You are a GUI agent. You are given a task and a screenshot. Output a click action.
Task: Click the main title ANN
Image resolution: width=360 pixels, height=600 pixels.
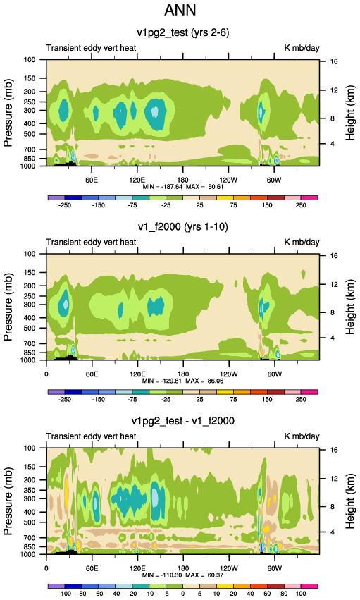click(180, 10)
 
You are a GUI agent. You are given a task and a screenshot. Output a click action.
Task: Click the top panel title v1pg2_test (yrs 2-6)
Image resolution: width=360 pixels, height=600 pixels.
click(183, 32)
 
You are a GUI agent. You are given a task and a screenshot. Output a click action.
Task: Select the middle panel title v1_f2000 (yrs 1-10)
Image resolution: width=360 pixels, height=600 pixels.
click(183, 227)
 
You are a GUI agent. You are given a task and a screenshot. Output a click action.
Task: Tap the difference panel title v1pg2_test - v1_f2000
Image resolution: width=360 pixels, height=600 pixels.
click(183, 421)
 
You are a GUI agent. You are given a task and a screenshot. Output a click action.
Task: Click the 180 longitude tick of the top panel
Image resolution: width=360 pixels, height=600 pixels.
click(182, 180)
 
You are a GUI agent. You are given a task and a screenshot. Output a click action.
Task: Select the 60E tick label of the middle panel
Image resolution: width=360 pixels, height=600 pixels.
click(92, 374)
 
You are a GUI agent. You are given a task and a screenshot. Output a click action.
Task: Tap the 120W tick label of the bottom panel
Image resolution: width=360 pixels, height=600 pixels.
click(228, 568)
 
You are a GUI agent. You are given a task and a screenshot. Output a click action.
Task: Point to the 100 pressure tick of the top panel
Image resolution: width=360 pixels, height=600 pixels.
click(30, 60)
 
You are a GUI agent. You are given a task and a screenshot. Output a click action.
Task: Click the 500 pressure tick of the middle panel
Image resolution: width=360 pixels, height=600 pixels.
click(30, 329)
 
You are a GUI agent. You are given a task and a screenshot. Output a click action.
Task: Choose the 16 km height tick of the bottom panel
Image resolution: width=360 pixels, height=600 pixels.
click(334, 450)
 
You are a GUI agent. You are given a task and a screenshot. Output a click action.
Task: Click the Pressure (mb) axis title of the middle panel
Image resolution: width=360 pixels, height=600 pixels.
click(8, 307)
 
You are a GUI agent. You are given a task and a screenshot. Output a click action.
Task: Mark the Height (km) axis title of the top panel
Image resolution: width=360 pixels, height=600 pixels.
click(349, 113)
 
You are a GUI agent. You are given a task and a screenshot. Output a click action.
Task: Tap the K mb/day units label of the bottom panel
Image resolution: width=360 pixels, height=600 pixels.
click(302, 436)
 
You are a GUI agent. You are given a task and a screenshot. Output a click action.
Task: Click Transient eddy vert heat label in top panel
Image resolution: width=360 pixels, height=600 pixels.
click(92, 48)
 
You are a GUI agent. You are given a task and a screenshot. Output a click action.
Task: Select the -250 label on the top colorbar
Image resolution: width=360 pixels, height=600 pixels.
click(65, 205)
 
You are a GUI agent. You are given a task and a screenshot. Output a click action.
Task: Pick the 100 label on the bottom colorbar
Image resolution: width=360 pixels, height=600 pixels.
click(301, 594)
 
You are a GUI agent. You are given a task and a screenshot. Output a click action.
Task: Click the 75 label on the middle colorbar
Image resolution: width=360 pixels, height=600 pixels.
click(233, 400)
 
